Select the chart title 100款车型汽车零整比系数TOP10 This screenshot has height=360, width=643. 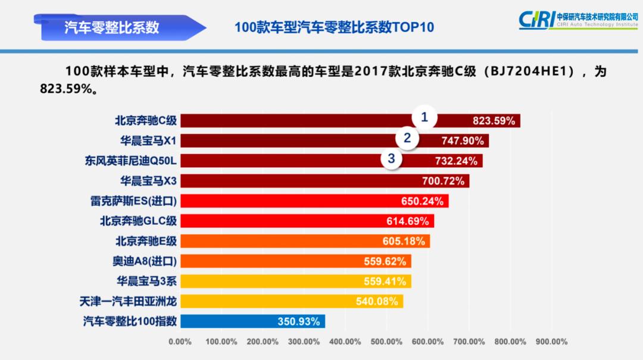coord(334,27)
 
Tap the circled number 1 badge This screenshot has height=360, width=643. coord(424,118)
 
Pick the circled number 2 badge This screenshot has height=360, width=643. coord(407,138)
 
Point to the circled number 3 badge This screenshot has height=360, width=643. coord(391,158)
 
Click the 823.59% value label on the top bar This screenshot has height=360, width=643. coord(494,121)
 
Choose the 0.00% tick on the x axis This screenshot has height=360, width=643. coord(180,342)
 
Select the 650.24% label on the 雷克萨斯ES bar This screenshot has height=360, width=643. coord(422,201)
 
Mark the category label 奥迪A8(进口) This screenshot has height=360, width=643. coord(145,261)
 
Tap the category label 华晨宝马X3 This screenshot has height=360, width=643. coord(148,180)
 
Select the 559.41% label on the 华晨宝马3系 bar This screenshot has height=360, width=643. coord(385,281)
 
